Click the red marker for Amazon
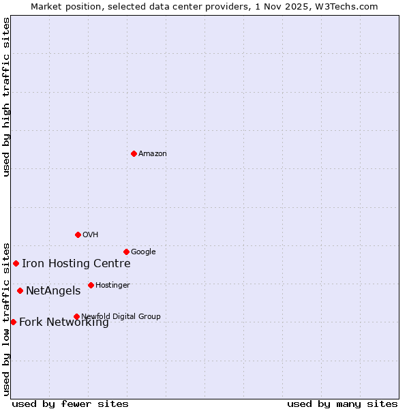click(x=134, y=153)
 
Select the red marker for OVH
click(x=78, y=234)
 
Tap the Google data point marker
click(x=126, y=252)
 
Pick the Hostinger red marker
click(x=91, y=285)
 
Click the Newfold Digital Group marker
click(x=76, y=316)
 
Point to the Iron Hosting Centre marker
click(x=16, y=263)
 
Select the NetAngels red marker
click(x=20, y=290)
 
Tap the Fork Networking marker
click(x=13, y=322)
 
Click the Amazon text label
click(x=153, y=154)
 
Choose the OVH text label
click(x=91, y=235)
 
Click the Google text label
click(x=143, y=252)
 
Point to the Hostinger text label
click(x=112, y=286)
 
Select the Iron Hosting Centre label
click(x=76, y=264)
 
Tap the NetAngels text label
click(x=53, y=291)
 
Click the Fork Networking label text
click(x=63, y=322)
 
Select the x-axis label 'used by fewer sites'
click(x=70, y=404)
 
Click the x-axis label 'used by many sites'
click(x=342, y=404)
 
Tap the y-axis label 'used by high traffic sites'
click(x=6, y=97)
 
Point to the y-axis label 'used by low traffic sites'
click(x=6, y=318)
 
